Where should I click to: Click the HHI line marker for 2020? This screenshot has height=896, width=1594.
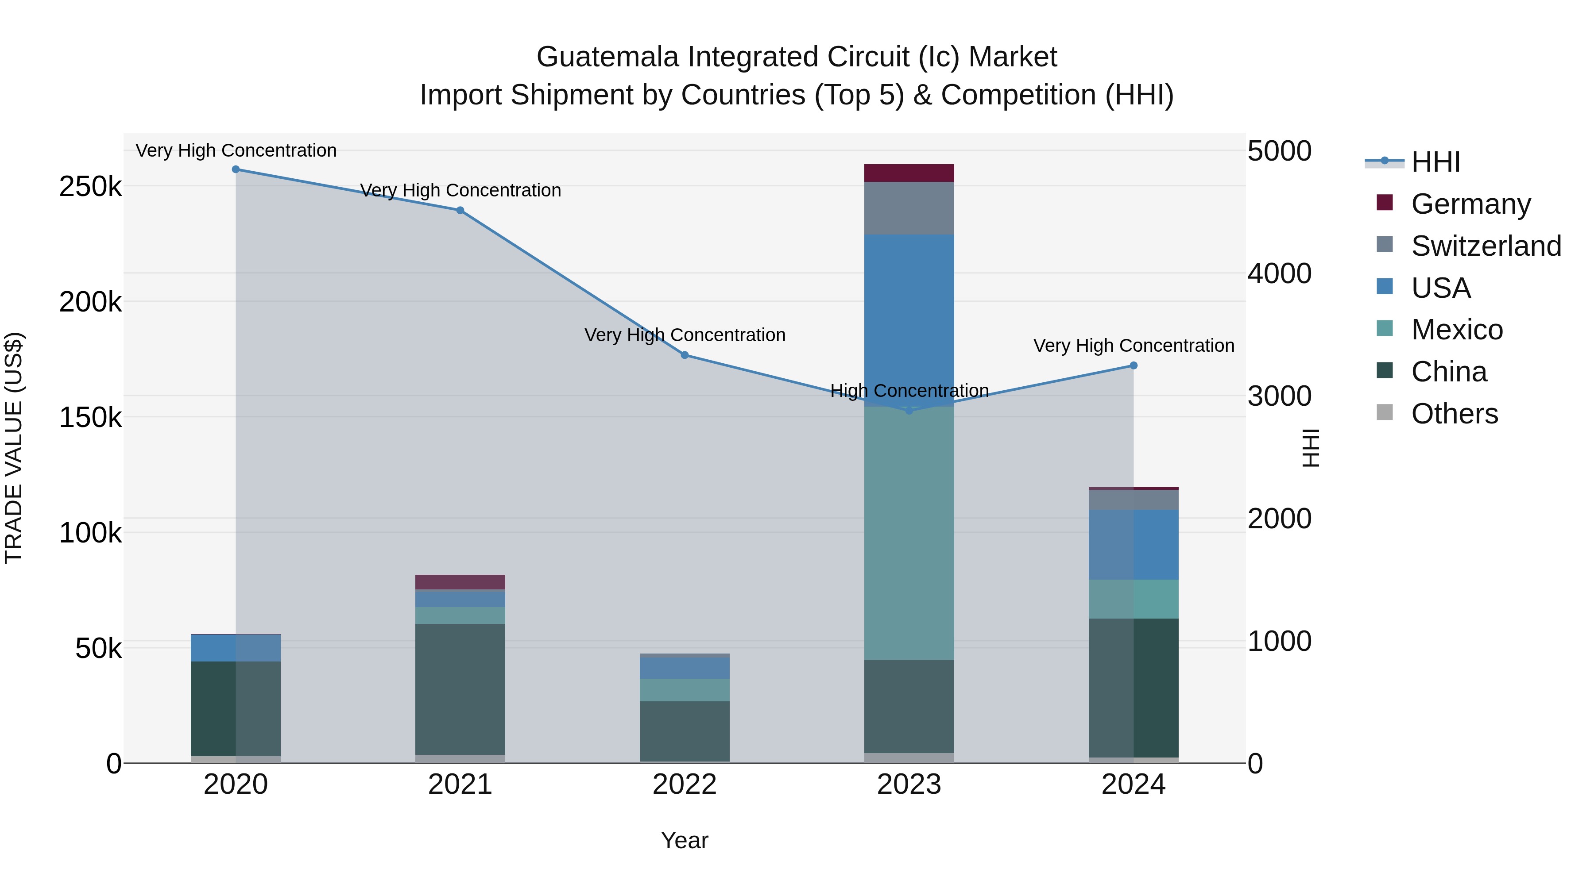235,169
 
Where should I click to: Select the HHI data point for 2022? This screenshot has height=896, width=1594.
685,355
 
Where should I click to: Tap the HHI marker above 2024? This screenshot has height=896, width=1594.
1133,365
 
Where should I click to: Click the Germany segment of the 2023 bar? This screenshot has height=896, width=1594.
909,173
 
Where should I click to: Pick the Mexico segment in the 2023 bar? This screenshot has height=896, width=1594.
909,532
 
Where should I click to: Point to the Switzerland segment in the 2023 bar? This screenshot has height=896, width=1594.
909,208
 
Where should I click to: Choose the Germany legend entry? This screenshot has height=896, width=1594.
1470,204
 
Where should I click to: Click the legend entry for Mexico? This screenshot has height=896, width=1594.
1457,330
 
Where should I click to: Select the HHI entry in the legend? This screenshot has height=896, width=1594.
1435,162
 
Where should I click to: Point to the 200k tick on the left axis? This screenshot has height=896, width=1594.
90,302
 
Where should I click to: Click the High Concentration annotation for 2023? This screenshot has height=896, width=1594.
909,391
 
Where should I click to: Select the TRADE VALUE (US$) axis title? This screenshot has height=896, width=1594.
14,448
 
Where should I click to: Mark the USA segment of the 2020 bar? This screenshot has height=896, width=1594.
235,647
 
